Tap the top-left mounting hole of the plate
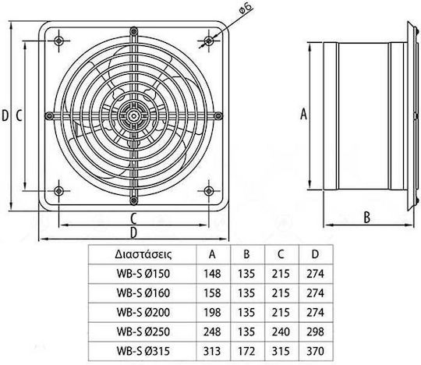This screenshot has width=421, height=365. point(58,41)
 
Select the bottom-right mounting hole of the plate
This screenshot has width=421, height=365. point(209,191)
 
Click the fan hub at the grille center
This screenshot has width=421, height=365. point(133,116)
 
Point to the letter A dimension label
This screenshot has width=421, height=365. point(303,114)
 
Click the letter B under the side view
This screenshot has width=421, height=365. point(366,218)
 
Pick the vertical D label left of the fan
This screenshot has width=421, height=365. point(5,115)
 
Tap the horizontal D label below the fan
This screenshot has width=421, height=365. point(133,232)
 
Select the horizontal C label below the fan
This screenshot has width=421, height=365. point(133,218)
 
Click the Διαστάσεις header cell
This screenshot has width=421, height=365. point(143,254)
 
